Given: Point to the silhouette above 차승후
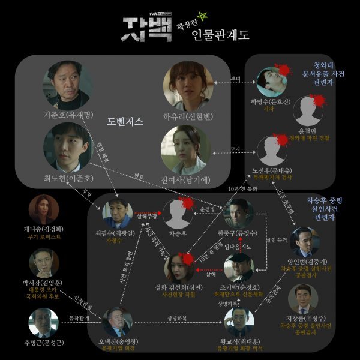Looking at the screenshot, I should point(179,211).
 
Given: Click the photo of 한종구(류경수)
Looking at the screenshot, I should point(239,212).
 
